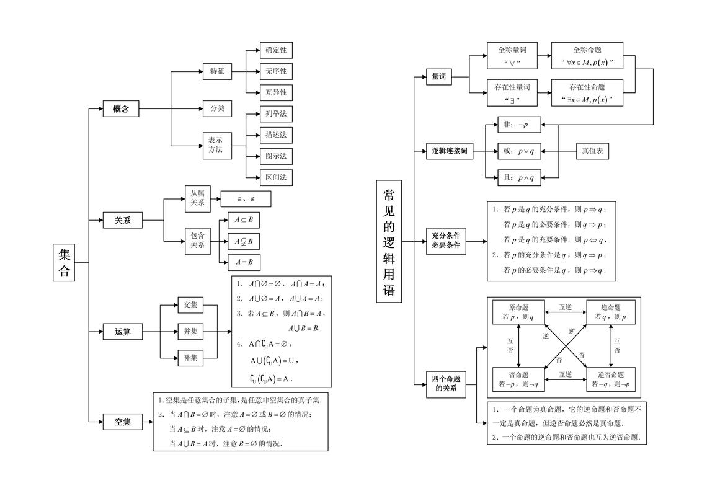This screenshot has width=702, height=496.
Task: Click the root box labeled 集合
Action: (64, 263)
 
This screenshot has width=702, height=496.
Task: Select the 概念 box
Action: (121, 109)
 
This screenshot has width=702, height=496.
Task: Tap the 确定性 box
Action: (276, 50)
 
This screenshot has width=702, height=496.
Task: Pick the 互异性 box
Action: (276, 92)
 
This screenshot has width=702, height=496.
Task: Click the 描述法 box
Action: (276, 135)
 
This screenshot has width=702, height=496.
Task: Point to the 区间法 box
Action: (276, 177)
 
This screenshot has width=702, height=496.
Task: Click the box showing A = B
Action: (244, 262)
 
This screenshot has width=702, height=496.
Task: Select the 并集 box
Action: (190, 331)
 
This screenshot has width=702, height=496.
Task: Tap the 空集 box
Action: (122, 422)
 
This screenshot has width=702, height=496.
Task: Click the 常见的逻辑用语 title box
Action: (389, 242)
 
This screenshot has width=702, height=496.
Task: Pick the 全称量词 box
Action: (512, 56)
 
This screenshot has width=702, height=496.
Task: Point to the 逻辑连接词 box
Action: (449, 151)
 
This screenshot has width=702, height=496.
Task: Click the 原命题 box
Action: (517, 312)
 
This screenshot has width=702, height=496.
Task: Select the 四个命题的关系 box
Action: (445, 384)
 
